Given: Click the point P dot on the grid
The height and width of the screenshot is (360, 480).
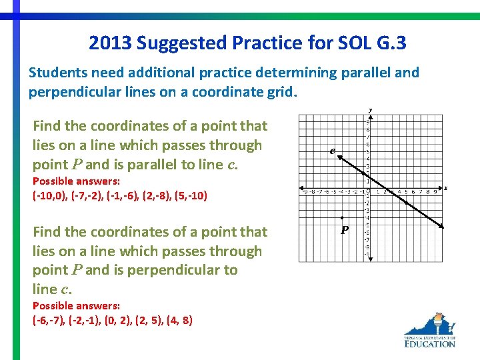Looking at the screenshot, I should pos(342,218).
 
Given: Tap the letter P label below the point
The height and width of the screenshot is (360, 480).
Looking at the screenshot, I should pos(344,230).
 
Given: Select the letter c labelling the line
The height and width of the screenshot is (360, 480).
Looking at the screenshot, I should pos(332,151).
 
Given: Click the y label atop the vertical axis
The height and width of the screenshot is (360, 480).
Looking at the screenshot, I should pos(370,111).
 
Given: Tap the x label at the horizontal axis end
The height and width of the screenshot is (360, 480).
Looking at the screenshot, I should pos(445,188).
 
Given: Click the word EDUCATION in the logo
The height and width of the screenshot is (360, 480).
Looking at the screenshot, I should pos(429,343).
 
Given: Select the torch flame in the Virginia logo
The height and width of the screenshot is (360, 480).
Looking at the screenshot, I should pos(439,316).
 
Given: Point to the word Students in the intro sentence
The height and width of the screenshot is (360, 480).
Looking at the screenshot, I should pos(55,73).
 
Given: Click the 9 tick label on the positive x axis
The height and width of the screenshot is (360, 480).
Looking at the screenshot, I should pos(434,193).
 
